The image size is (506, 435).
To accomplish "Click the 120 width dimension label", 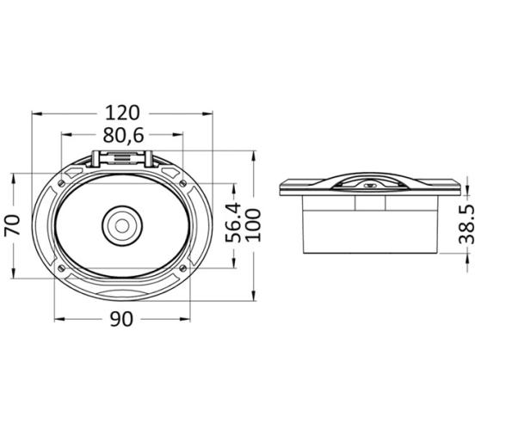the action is [x=122, y=113].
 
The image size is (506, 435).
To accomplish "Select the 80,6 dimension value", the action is [x=123, y=136].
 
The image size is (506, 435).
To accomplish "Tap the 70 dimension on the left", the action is [x=13, y=224].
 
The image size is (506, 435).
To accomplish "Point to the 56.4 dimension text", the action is [x=233, y=223].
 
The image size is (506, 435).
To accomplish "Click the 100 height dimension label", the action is [x=253, y=225].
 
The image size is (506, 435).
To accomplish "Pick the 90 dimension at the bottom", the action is [x=121, y=319].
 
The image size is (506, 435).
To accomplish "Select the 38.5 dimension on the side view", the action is [x=467, y=224].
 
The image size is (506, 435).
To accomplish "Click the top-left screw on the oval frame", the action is [x=61, y=183].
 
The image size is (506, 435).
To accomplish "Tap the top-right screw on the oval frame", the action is [x=182, y=183].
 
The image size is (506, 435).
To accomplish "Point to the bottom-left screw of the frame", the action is [x=61, y=267].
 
